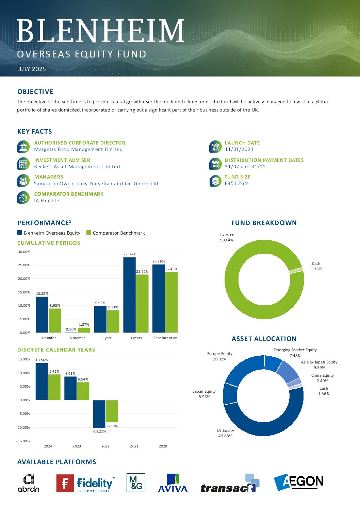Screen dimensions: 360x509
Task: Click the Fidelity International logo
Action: point(85,483)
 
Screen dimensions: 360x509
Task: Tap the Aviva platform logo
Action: point(173,482)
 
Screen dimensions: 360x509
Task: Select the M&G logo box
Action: point(136,482)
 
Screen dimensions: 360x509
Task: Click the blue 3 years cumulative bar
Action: point(129,295)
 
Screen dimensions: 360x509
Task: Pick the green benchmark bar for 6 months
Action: point(84,330)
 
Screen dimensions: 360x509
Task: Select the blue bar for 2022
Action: point(99,414)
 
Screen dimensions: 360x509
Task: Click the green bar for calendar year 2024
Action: point(54,387)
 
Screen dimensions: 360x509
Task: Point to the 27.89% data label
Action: point(129,254)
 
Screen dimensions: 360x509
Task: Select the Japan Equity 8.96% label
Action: point(204,394)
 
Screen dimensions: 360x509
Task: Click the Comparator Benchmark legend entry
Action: point(116,233)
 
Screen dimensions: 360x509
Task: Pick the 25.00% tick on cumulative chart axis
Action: point(24,265)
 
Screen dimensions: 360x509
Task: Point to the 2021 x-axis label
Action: point(134,446)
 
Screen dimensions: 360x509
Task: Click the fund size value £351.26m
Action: point(236,183)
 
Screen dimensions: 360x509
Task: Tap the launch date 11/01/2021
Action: point(239,149)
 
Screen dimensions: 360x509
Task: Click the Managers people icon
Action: point(23,181)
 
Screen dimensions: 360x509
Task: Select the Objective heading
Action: point(35,91)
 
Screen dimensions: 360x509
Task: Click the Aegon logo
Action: point(298,482)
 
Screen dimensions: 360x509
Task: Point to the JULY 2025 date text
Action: point(32,69)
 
